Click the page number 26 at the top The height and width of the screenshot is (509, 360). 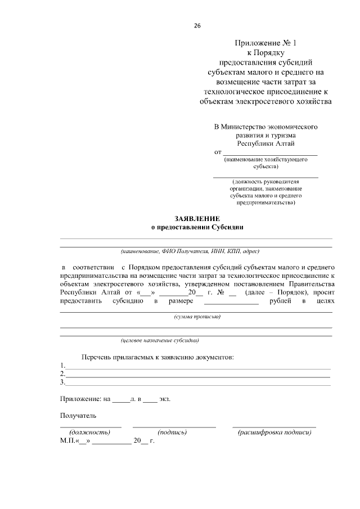(196, 26)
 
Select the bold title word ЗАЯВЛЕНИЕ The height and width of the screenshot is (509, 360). (196, 218)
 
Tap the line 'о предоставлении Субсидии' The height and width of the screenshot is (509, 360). (196, 227)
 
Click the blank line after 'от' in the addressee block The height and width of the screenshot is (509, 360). (270, 152)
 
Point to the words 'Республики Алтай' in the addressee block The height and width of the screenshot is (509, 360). (265, 144)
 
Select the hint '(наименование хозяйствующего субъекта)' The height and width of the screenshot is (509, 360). (265, 163)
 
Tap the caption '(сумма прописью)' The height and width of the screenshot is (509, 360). (197, 317)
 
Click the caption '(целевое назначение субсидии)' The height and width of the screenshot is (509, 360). (160, 340)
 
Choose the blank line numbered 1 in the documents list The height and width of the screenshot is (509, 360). (197, 366)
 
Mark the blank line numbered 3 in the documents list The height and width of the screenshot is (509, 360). (197, 384)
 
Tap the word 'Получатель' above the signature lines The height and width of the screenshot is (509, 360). (78, 416)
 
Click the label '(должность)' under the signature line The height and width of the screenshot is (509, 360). (89, 432)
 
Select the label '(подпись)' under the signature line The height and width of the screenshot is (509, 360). (172, 432)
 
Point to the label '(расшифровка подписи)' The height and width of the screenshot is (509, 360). (274, 432)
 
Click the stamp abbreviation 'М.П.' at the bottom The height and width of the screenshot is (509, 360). (67, 441)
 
